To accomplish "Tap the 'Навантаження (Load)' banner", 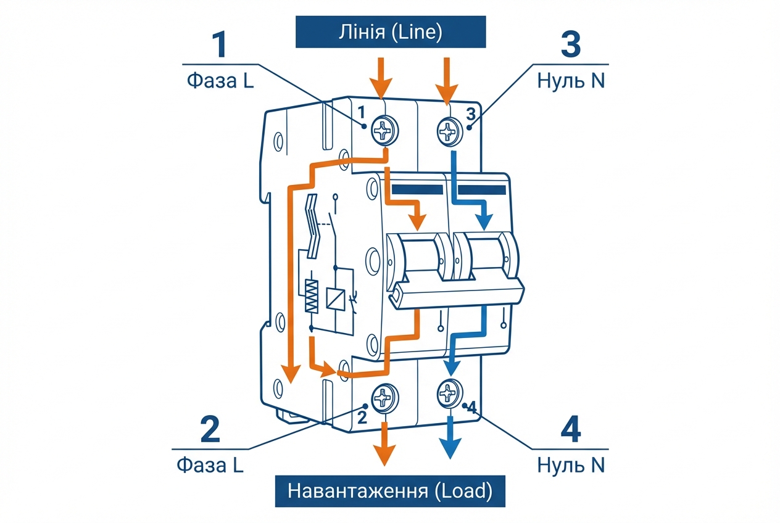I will [390, 492].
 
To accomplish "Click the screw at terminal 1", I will [384, 130].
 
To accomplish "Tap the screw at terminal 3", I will [449, 130].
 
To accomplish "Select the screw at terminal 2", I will [384, 396].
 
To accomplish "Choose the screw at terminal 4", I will [449, 392].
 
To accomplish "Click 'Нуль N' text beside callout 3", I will [571, 81].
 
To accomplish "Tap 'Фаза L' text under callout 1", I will [219, 81].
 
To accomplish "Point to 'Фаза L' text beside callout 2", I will [210, 464].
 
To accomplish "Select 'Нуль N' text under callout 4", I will [571, 464].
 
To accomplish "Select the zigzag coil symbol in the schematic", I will [312, 295].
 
